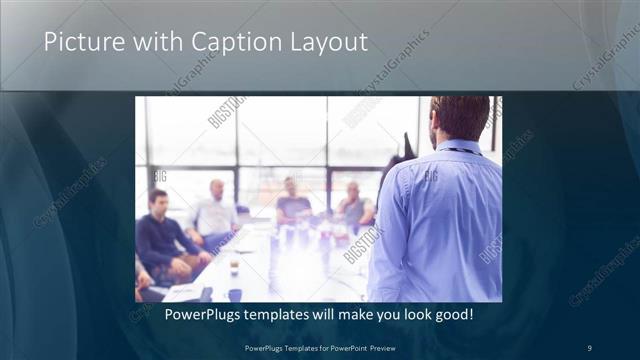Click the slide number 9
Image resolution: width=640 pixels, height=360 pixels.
coord(589,347)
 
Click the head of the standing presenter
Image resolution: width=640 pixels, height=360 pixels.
coord(460,118)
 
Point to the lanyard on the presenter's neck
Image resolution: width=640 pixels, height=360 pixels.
coord(462,151)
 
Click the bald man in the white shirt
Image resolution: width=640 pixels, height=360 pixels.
coord(214,214)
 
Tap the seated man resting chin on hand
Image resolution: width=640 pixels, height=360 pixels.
coord(355,206)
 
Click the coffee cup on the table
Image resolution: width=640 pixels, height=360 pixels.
coord(234,268)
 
